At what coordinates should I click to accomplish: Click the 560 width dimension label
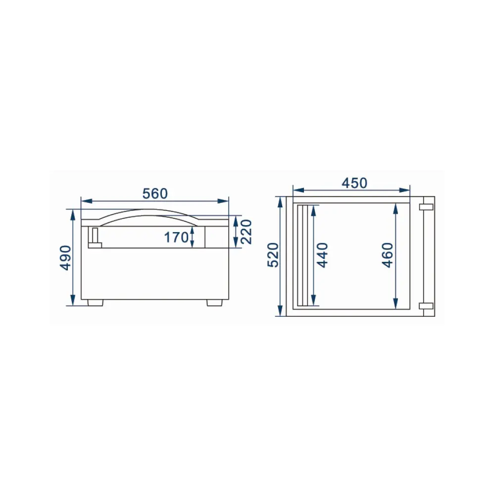154,194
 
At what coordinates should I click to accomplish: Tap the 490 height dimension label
66,257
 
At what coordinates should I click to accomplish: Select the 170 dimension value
176,238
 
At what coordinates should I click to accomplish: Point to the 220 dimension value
246,232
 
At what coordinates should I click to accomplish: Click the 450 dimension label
354,183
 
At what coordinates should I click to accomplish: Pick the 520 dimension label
273,255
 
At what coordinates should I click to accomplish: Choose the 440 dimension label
322,255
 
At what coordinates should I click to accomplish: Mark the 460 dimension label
388,255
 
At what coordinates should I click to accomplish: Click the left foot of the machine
96,302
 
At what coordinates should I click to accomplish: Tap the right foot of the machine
214,302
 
